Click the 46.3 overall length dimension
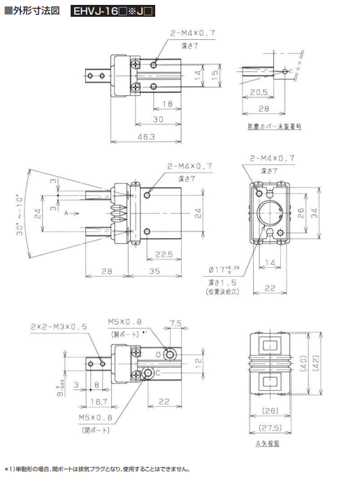(146, 136)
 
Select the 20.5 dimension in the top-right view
(258, 92)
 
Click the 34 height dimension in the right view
(315, 213)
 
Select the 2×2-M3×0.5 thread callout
(59, 326)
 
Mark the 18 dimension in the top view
(168, 103)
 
